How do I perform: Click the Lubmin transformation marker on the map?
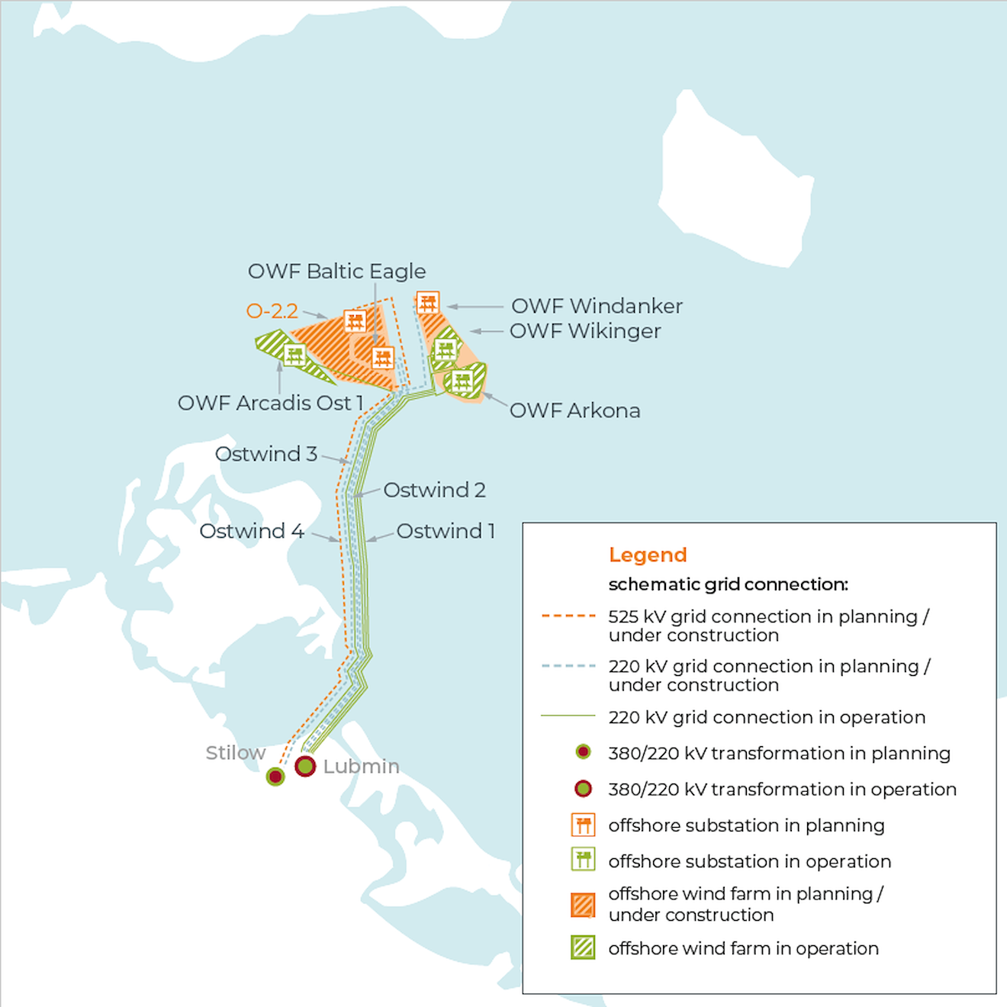pos(305,766)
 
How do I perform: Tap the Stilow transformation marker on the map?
pos(275,777)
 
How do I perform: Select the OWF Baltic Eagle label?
pos(336,272)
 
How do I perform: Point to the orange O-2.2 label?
pos(272,311)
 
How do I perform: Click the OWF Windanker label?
pos(597,306)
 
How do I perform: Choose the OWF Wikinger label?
pos(585,331)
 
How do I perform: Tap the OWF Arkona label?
pos(574,410)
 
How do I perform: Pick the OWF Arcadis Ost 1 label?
pos(270,403)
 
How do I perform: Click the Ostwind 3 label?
pos(265,454)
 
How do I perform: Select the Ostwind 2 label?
pos(434,490)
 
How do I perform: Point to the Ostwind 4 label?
pos(251,531)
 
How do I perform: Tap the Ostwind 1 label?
pos(446,531)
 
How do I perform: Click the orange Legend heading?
pos(648,555)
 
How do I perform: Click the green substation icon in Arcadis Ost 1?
pos(294,354)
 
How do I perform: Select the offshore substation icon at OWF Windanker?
pos(428,303)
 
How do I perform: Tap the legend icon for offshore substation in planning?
pos(584,825)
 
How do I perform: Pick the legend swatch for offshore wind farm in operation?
pos(584,947)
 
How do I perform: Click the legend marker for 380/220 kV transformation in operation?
pos(584,789)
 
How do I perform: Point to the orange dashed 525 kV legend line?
pos(568,616)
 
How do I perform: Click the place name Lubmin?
pos(361,766)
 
